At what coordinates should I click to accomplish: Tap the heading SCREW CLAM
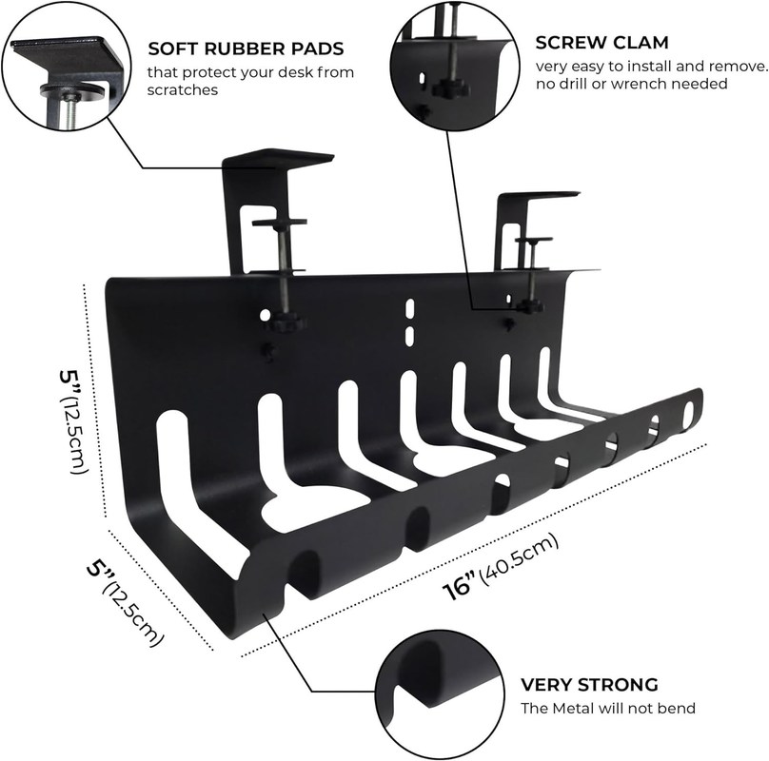pyautogui.click(x=601, y=43)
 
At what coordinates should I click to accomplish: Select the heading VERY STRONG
pyautogui.click(x=589, y=684)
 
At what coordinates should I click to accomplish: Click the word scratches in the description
pyautogui.click(x=181, y=91)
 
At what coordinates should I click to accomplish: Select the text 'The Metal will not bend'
pyautogui.click(x=608, y=708)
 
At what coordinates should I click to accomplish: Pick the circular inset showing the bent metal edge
pyautogui.click(x=437, y=693)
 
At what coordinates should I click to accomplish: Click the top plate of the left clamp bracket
pyautogui.click(x=277, y=157)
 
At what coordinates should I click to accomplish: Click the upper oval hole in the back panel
pyautogui.click(x=409, y=309)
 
